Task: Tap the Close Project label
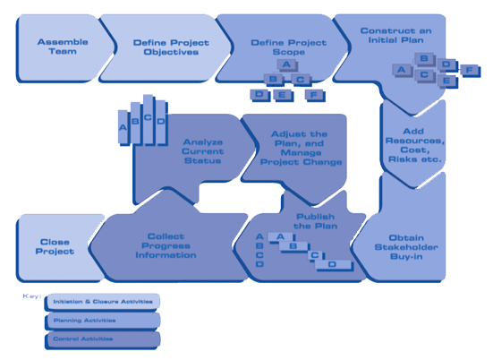pos(55,245)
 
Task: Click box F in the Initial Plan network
pos(469,69)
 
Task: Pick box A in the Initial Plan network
pos(402,69)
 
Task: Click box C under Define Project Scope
pos(302,80)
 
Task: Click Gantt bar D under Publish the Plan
pos(333,265)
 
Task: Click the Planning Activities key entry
pos(101,320)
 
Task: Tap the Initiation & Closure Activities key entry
pos(101,301)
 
